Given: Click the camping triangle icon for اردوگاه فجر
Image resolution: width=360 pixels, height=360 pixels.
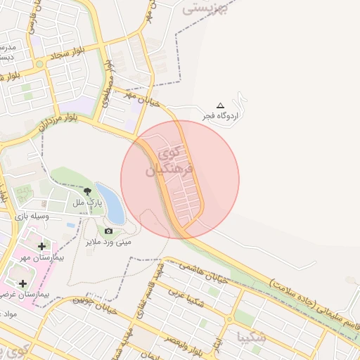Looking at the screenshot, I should click(221, 105).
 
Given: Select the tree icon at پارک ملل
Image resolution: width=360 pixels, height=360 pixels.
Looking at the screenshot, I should click(87, 191).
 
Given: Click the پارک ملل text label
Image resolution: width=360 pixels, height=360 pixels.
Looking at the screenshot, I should click(87, 202).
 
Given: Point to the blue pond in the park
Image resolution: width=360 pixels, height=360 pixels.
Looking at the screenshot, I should click(111, 204).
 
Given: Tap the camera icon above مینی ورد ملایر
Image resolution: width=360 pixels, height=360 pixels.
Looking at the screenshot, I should click(108, 231).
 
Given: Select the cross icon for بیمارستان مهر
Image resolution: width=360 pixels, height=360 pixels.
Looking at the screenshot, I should click(41, 246).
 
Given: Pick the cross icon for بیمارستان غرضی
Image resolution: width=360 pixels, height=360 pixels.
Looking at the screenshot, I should click(23, 283).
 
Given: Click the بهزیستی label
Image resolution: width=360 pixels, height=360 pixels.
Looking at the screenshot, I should click(206, 9).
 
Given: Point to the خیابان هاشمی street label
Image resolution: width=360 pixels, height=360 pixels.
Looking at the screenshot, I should click(204, 272).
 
